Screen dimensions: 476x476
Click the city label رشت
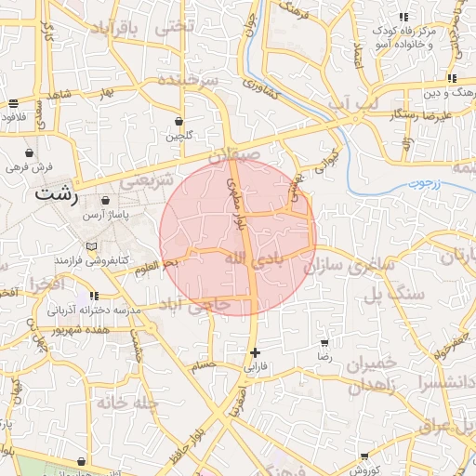click(56, 194)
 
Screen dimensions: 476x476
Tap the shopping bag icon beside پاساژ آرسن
click(104, 200)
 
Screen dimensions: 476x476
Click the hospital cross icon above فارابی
click(256, 352)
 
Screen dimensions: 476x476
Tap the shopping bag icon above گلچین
click(178, 121)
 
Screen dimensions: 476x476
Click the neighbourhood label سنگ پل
click(393, 295)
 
